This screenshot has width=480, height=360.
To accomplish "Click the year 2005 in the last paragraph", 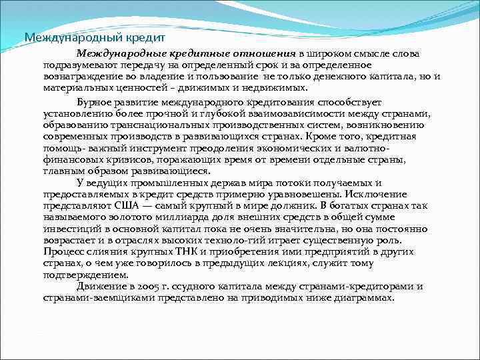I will (146, 286).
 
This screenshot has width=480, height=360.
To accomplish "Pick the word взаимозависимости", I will (310, 113).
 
